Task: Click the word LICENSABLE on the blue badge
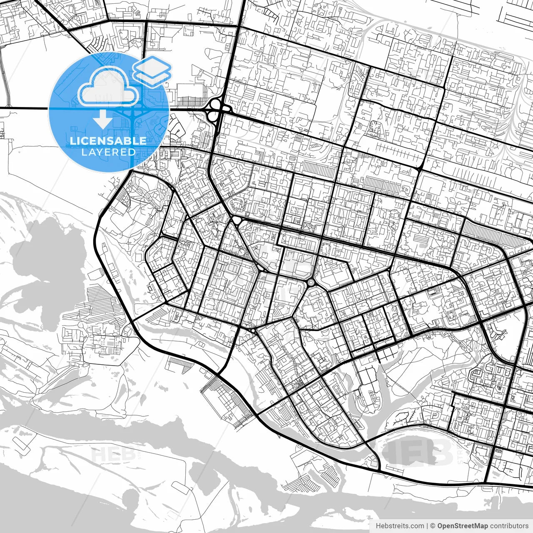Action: pos(108,141)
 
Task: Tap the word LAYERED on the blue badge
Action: pos(108,152)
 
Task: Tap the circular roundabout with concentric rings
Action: pos(311,283)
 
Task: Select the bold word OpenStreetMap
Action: pos(462,526)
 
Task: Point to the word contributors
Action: pos(509,526)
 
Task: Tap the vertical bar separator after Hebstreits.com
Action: pos(427,526)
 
